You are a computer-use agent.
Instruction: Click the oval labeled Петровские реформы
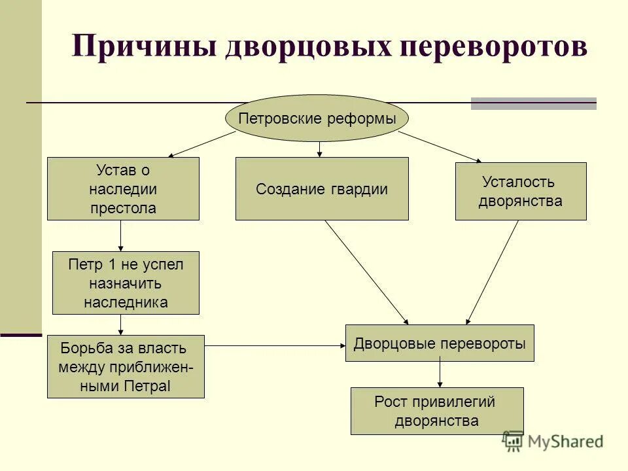[x=317, y=119]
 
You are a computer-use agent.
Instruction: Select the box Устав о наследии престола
[x=123, y=189]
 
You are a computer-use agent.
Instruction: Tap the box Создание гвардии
[x=322, y=189]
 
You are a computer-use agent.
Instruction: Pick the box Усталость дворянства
[x=520, y=191]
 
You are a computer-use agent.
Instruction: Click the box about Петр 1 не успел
[x=126, y=283]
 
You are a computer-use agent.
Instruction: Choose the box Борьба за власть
[x=126, y=366]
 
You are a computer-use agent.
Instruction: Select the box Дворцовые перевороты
[x=440, y=343]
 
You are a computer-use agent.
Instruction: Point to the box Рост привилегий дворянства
[x=437, y=411]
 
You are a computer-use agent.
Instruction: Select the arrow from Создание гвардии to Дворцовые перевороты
[x=366, y=272]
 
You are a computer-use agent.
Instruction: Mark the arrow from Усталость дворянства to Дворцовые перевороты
[x=492, y=272]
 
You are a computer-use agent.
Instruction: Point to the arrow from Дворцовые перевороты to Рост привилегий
[x=440, y=374]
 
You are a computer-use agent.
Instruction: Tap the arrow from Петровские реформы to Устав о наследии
[x=201, y=144]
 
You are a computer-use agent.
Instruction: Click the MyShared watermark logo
[x=553, y=442]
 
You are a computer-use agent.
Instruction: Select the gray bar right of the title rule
[x=534, y=103]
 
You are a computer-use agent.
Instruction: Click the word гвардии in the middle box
[x=358, y=189]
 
